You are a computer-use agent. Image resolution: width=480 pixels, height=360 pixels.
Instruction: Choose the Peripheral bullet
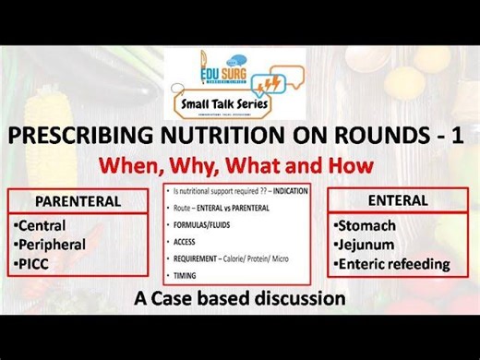coord(53,245)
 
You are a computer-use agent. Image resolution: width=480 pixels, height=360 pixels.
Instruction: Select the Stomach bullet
coord(366,225)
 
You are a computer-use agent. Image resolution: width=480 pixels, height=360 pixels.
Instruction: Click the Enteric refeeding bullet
coord(391,264)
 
